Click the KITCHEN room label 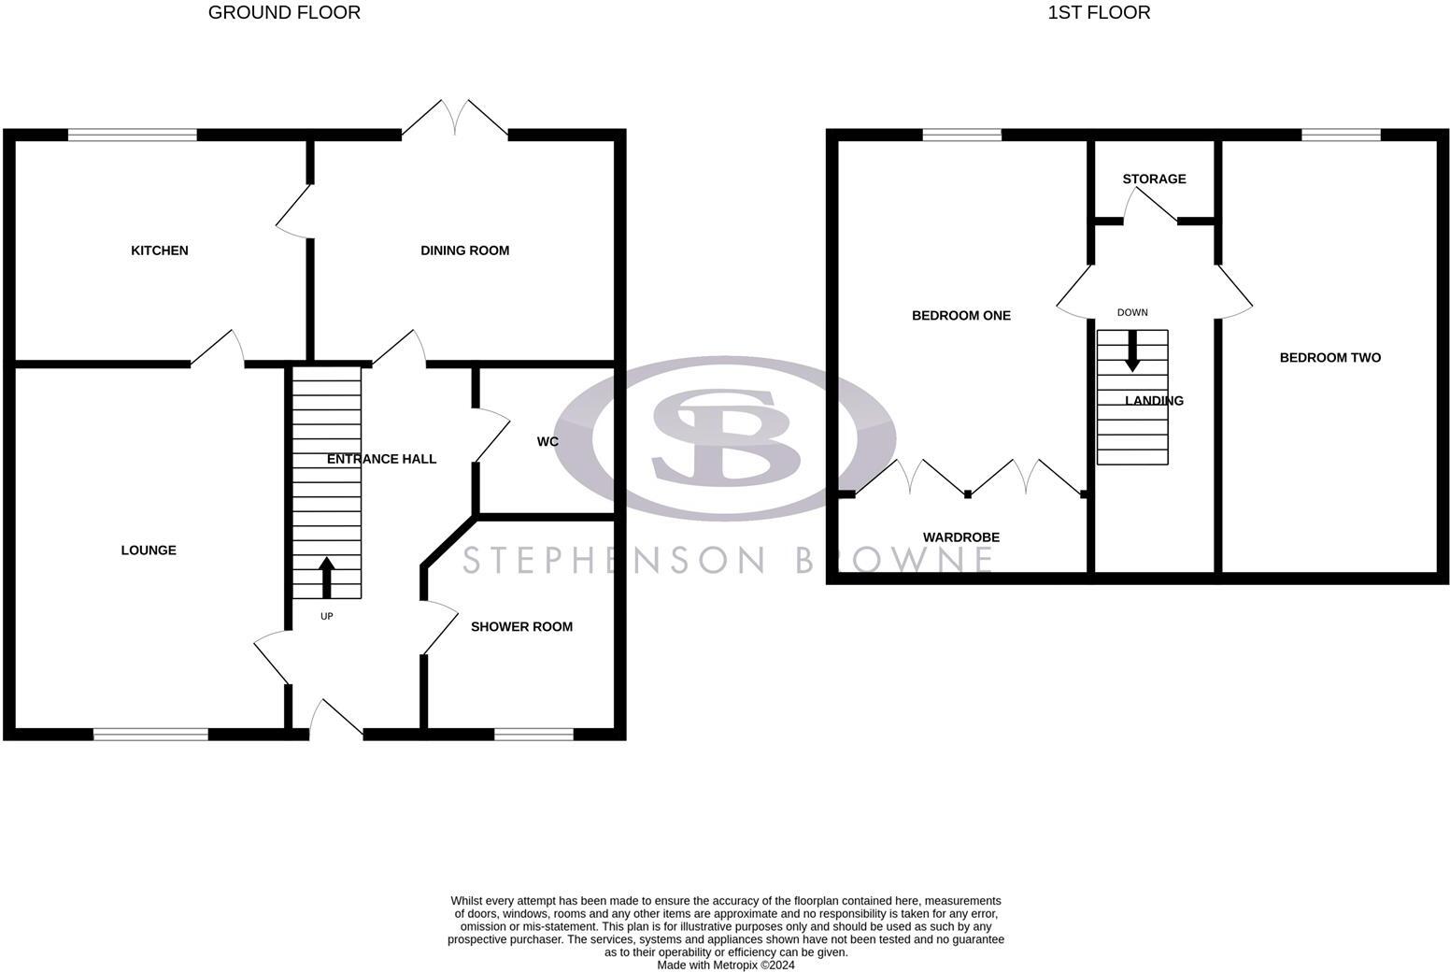point(160,250)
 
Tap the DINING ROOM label point(464,250)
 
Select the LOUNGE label point(149,550)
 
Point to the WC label point(547,441)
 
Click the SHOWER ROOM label point(521,627)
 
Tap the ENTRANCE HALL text point(381,459)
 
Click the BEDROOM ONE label point(960,316)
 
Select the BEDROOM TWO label point(1329,358)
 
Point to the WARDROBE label point(960,537)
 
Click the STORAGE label point(1154,179)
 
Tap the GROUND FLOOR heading point(284,13)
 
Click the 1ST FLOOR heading point(1099,13)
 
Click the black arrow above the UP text point(327,577)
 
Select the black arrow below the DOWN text point(1132,351)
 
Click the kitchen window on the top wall point(132,136)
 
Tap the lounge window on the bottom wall point(150,735)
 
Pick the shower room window point(533,735)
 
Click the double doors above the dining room point(455,118)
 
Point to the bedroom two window point(1341,136)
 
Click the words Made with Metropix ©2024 point(726,965)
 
